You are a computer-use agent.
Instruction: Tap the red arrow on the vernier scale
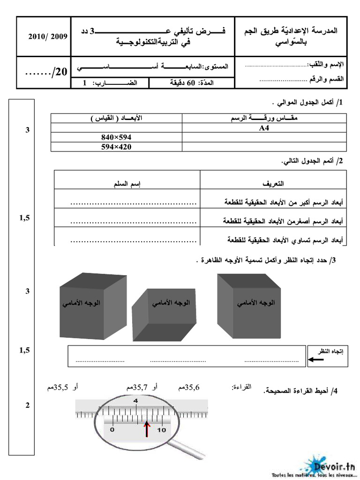147,428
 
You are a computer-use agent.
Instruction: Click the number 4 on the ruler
136,401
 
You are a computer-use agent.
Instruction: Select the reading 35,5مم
59,387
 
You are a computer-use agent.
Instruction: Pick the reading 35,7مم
136,387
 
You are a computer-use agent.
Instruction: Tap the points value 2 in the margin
28,405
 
